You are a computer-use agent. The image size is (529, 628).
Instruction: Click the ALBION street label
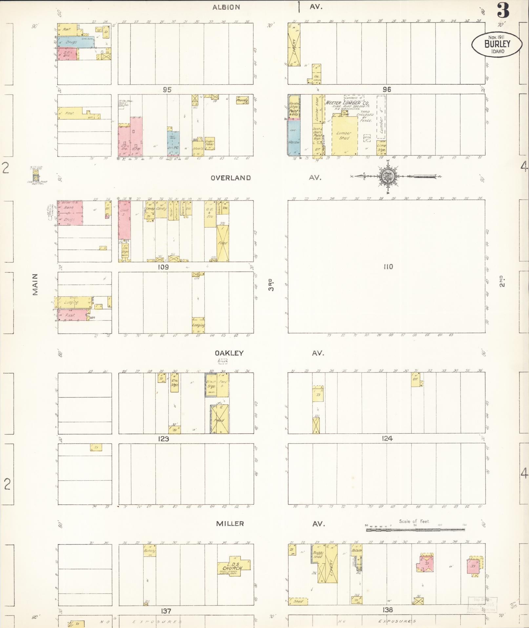tap(226, 7)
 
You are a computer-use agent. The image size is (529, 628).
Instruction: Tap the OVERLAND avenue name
tap(231, 178)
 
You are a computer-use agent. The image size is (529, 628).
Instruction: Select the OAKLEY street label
tap(229, 353)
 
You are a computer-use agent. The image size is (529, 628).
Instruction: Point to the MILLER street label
tap(230, 524)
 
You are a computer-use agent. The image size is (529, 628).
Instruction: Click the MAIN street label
tap(35, 284)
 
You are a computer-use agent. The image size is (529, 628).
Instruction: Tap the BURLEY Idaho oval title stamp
tap(497, 44)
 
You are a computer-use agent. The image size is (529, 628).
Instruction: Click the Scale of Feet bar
tap(415, 529)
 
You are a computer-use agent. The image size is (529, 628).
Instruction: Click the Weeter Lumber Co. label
tap(347, 103)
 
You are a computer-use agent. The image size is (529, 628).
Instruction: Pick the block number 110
tap(388, 267)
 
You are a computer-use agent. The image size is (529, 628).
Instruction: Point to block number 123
tap(163, 439)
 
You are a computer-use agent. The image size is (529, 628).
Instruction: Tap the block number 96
tap(387, 89)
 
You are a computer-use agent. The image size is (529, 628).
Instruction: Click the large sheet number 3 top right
tap(503, 11)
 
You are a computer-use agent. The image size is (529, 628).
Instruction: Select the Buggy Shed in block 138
tap(318, 555)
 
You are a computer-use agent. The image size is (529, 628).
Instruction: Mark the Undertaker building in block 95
tap(210, 143)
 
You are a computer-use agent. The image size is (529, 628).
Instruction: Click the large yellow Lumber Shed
tap(344, 135)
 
